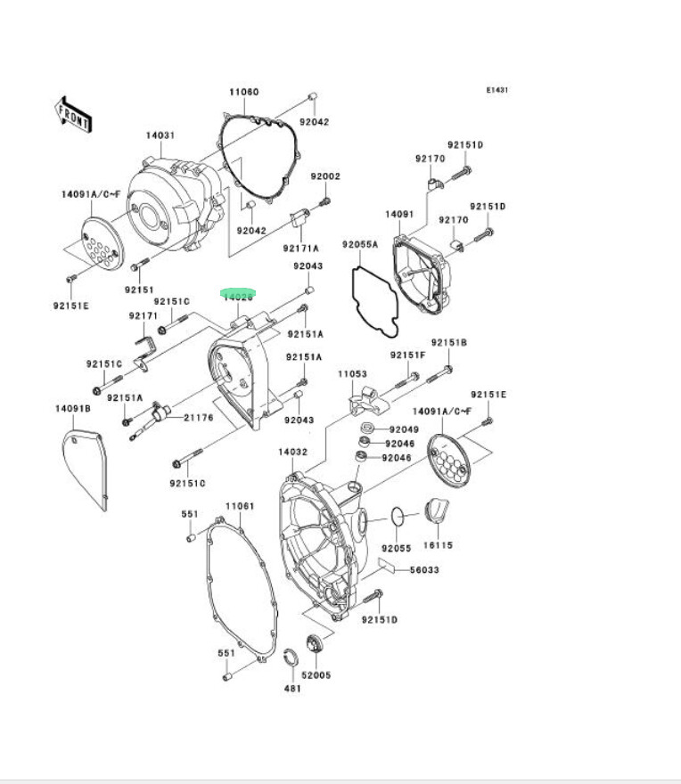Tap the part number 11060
coord(242,92)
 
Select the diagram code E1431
coord(496,90)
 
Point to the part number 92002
coord(325,176)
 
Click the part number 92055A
coord(360,243)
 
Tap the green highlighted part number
coord(238,295)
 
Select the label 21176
coord(198,417)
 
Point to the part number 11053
coord(352,374)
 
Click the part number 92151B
coord(449,342)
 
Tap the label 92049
coord(401,429)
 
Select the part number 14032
coord(292,452)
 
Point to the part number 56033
coord(424,570)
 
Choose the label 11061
coord(239,506)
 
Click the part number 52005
coord(316,674)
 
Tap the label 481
coord(291,688)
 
